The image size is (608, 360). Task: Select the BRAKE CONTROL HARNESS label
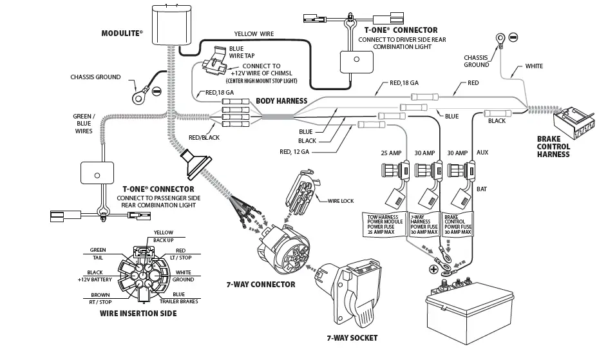point(553,146)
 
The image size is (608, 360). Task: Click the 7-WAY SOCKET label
point(352,337)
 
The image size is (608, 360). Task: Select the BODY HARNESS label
point(281,101)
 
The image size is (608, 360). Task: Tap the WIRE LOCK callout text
point(341,201)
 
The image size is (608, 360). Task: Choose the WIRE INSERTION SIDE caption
point(138,314)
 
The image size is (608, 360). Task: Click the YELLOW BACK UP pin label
point(163,236)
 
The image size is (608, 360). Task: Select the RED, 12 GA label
point(294,151)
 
